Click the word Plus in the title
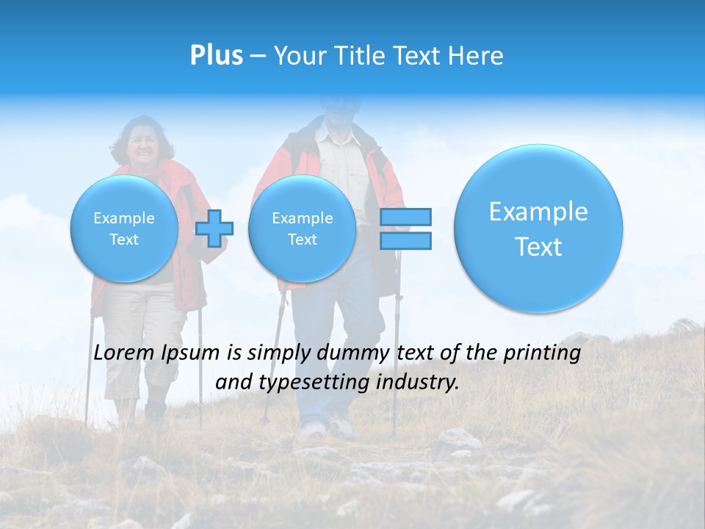pyautogui.click(x=216, y=56)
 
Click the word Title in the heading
pyautogui.click(x=355, y=56)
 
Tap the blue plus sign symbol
pyautogui.click(x=214, y=228)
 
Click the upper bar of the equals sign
pyautogui.click(x=405, y=217)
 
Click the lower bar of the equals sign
pyautogui.click(x=405, y=240)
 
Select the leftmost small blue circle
pyautogui.click(x=124, y=228)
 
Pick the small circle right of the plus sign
pyautogui.click(x=302, y=228)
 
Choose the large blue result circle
pyautogui.click(x=538, y=228)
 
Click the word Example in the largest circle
pyautogui.click(x=538, y=212)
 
